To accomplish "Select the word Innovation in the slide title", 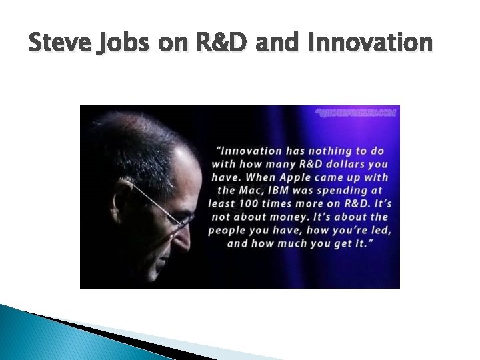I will coord(369,43).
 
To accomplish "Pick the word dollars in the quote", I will coord(341,163).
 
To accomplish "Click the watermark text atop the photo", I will coord(356,113).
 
